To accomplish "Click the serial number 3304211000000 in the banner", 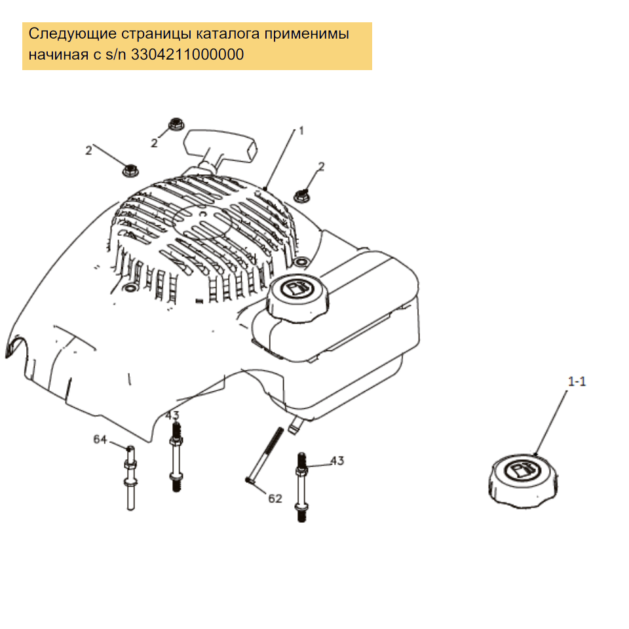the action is [187, 54].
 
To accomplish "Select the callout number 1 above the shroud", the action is [301, 131].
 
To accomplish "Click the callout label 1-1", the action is [577, 381].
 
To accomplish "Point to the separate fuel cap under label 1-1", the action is [523, 481].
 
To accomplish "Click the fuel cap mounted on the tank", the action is [297, 297].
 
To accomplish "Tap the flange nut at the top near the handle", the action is [176, 124].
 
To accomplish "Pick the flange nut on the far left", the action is [130, 170].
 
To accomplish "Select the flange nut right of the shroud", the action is [301, 196].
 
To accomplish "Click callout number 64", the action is [100, 439].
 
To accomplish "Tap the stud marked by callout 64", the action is [130, 478].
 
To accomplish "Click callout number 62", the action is [275, 498].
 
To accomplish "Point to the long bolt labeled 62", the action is [264, 455].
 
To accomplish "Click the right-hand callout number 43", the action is [337, 461].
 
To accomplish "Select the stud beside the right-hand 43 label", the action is [301, 487].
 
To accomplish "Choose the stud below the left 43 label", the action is [176, 457].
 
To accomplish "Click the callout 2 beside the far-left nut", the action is [88, 151].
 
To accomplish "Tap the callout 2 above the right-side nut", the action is [321, 166].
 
